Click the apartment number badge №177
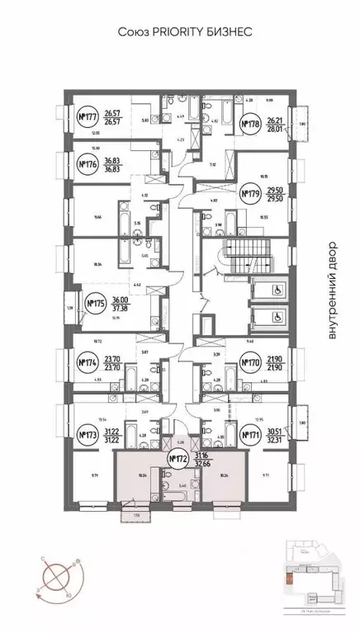tap(87, 118)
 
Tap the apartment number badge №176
tap(87, 164)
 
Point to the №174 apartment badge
tap(87, 361)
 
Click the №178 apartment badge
tap(251, 125)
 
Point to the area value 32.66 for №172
tap(202, 464)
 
